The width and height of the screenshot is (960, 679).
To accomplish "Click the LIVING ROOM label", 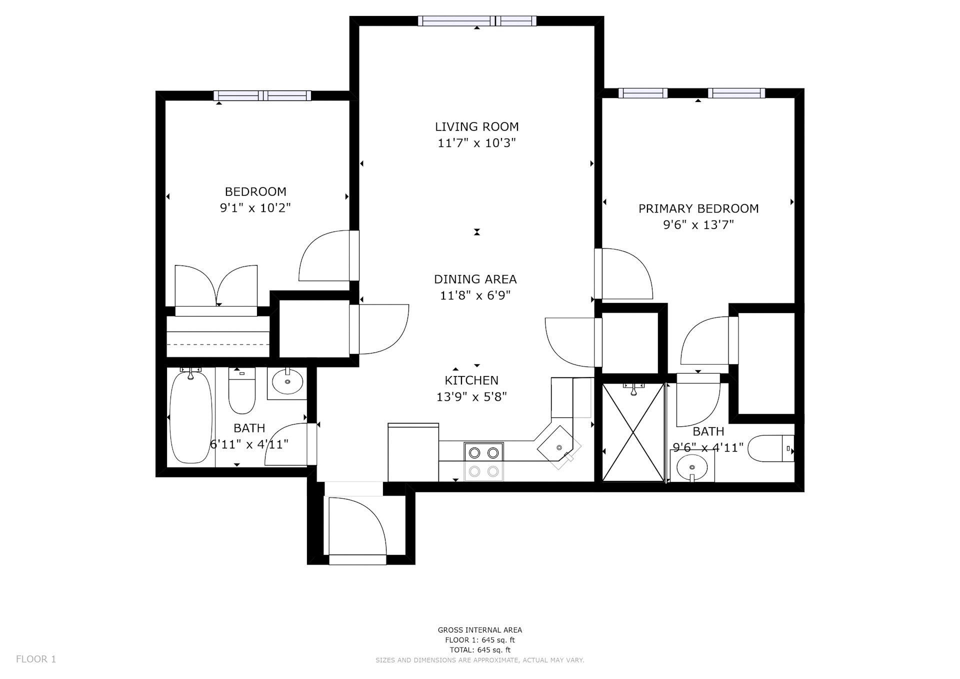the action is click(476, 127).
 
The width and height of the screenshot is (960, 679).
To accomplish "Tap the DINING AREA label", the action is click(475, 279).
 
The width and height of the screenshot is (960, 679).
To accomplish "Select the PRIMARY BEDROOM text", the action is click(698, 208).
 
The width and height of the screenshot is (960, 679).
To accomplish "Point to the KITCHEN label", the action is click(471, 380).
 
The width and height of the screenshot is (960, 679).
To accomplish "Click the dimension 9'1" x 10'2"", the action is click(255, 207).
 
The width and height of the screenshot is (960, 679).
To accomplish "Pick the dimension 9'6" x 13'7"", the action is click(698, 225).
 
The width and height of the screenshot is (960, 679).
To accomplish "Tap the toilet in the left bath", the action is click(242, 390).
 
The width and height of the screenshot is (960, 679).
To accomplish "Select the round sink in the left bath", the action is click(287, 382).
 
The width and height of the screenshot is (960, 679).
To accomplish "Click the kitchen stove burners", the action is click(483, 461).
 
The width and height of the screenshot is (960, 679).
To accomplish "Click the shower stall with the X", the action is click(633, 432).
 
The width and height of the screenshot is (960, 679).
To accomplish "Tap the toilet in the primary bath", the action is click(770, 448).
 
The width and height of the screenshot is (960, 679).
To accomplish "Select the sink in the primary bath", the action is click(692, 467).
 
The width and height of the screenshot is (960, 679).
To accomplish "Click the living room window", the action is click(477, 21).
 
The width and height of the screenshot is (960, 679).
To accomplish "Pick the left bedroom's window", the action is click(262, 95).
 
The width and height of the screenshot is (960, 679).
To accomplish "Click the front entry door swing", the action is click(355, 525).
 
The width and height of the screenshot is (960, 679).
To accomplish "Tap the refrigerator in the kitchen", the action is click(413, 452).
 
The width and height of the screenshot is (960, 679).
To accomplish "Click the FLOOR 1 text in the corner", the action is click(36, 659).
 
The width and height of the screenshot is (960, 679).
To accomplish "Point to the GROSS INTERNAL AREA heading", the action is click(480, 630).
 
